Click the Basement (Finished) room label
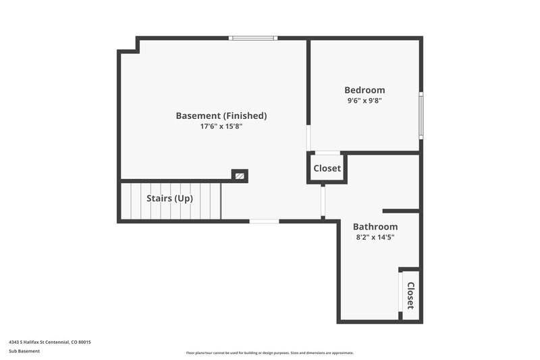tap(221, 115)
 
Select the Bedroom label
tap(364, 90)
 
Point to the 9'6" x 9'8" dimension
tap(364, 101)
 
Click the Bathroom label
tap(375, 226)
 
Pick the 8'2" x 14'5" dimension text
tap(375, 237)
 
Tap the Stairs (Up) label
tap(170, 199)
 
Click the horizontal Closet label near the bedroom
tap(327, 168)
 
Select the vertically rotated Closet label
tap(410, 294)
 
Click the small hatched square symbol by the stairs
tap(239, 176)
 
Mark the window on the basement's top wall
tap(253, 38)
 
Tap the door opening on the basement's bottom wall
tap(264, 221)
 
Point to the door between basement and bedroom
tap(308, 138)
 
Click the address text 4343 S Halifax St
tap(49, 342)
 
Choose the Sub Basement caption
tap(24, 351)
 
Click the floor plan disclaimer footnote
tap(269, 353)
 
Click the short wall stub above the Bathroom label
tap(401, 211)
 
